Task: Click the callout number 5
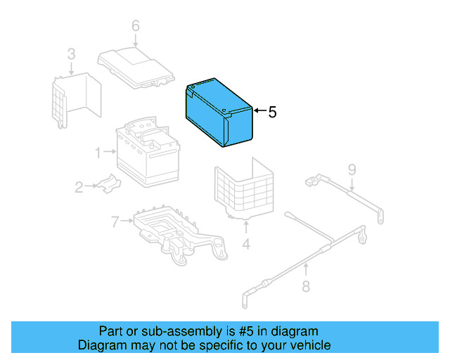coord(272,112)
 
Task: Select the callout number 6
coord(136,27)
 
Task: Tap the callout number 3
coord(71,54)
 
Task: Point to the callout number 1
coord(98,150)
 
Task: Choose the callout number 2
coord(79,186)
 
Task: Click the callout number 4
coord(246,244)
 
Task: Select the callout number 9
coord(352,169)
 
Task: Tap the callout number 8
coord(306,285)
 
